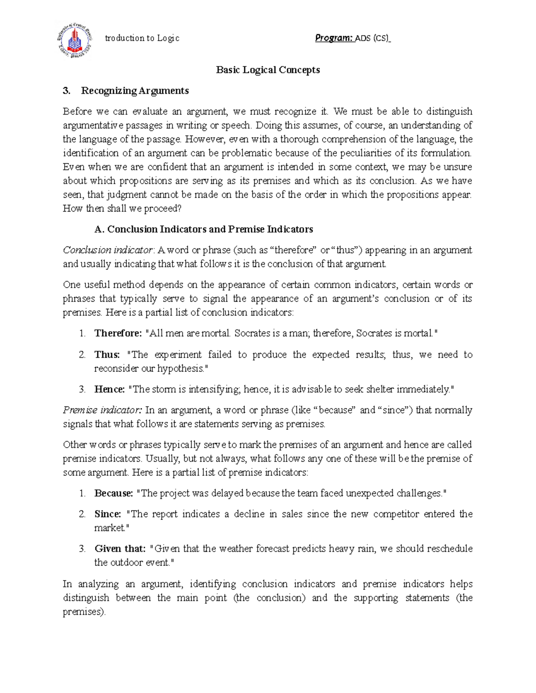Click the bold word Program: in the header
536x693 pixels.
334,38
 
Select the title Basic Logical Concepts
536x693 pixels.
268,70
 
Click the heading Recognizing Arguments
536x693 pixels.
134,91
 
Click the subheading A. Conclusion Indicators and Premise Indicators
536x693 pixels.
204,229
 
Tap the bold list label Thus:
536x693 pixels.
107,355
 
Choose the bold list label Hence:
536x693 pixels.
109,389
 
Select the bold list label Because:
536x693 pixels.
113,494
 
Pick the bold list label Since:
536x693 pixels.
108,514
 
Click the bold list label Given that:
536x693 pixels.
120,549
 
